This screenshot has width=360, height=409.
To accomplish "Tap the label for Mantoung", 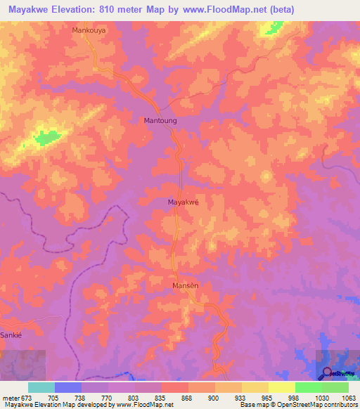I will pos(160,121).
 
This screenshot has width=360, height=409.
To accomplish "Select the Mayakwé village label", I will pos(184,202).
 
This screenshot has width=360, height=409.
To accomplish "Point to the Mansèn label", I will pos(186,287).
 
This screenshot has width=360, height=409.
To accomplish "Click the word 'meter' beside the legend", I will pos(10,398).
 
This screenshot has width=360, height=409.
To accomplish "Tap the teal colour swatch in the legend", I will pos(41,387).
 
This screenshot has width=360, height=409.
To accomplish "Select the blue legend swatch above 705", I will pos(68,387).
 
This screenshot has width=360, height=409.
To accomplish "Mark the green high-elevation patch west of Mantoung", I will pos(46,137).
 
